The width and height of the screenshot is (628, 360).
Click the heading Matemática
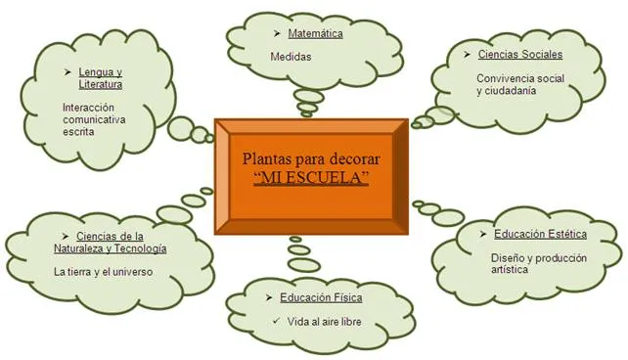pyautogui.click(x=315, y=35)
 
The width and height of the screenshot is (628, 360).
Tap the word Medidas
pyautogui.click(x=291, y=57)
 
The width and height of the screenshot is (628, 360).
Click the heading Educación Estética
pyautogui.click(x=540, y=234)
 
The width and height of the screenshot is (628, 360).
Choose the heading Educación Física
pyautogui.click(x=313, y=296)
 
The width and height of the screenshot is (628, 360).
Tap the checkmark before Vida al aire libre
pyautogui.click(x=278, y=320)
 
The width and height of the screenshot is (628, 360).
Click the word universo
pyautogui.click(x=130, y=271)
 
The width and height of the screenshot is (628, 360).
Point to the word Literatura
pyautogui.click(x=101, y=84)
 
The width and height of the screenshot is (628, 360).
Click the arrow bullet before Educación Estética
pyautogui.click(x=485, y=234)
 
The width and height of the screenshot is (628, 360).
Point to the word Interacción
pyautogui.click(x=90, y=107)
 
